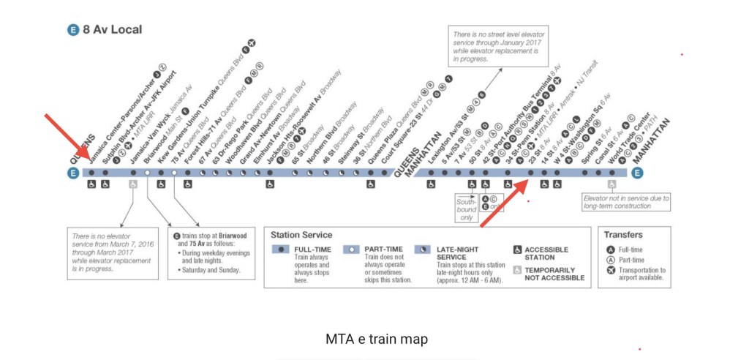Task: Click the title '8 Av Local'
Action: pyautogui.click(x=113, y=30)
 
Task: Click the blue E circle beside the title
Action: pyautogui.click(x=72, y=30)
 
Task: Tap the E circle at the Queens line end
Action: pyautogui.click(x=72, y=173)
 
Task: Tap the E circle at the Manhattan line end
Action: pyautogui.click(x=637, y=173)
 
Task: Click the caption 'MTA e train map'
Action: pyautogui.click(x=376, y=340)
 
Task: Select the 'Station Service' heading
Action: pyautogui.click(x=301, y=236)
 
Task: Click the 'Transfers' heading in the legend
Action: pyautogui.click(x=624, y=235)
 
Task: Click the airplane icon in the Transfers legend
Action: pyautogui.click(x=611, y=271)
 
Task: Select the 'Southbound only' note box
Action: pyautogui.click(x=466, y=208)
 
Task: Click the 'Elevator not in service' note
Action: pyautogui.click(x=625, y=202)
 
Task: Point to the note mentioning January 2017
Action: pyautogui.click(x=497, y=45)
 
